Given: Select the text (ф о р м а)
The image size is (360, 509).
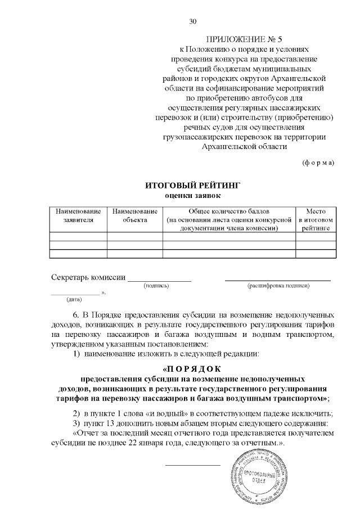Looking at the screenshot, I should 318,163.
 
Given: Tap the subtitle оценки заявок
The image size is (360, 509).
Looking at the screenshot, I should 185,195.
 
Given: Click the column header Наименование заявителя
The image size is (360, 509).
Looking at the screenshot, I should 78,215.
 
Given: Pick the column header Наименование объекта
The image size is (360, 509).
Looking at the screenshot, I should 134,215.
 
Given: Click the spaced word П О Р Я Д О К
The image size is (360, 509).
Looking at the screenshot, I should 193,369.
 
